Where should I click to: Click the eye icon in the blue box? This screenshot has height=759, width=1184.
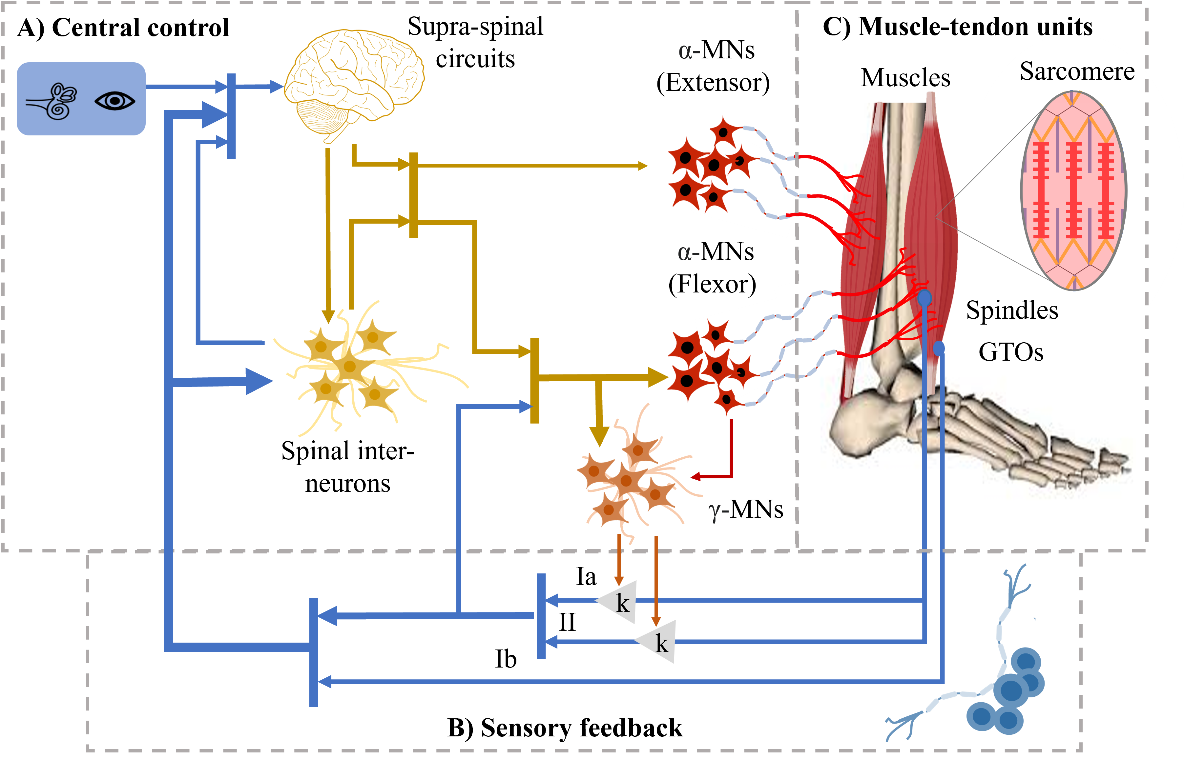(114, 101)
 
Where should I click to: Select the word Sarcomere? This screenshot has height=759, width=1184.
(1077, 71)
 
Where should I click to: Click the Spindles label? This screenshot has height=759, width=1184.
(1012, 310)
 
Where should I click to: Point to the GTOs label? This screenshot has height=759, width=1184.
(1011, 352)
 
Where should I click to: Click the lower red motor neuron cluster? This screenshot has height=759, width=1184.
(705, 365)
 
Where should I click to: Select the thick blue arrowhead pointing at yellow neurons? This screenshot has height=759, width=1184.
(259, 381)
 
